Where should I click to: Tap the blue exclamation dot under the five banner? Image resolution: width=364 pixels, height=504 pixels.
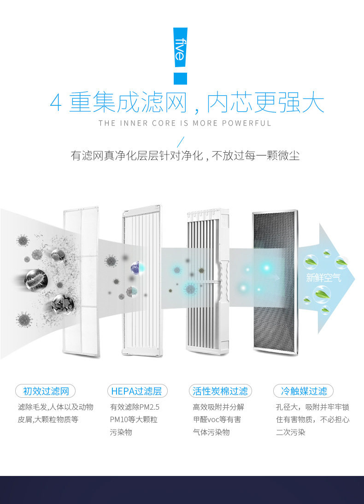(x=180, y=79)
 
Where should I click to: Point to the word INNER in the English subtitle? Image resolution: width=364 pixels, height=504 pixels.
(x=135, y=123)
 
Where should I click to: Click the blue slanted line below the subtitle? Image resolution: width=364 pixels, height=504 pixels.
(x=181, y=142)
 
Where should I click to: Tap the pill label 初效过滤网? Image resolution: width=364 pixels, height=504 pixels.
(x=46, y=391)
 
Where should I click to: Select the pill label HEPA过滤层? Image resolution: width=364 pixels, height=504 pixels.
(x=137, y=391)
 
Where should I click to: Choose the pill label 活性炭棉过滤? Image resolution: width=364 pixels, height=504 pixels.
(x=220, y=391)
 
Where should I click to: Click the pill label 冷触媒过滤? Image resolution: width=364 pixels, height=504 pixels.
(x=303, y=391)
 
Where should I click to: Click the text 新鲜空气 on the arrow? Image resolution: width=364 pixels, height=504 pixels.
(x=324, y=278)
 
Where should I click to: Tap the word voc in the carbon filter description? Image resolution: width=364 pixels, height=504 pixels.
(x=218, y=419)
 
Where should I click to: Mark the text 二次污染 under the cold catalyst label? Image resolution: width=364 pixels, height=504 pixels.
(x=291, y=432)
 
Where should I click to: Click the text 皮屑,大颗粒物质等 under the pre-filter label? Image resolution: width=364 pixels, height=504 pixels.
(x=48, y=419)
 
